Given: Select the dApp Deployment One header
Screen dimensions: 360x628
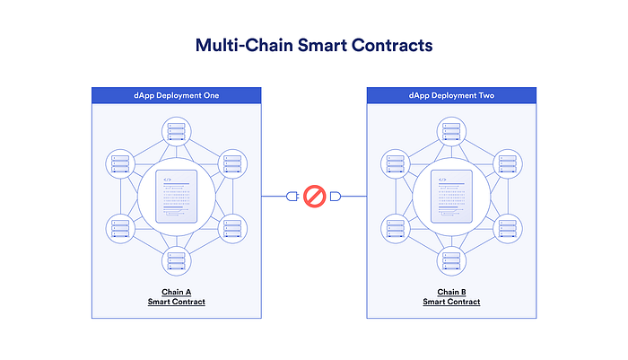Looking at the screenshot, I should click(177, 94).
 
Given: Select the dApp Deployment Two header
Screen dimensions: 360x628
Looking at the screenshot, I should click(451, 94).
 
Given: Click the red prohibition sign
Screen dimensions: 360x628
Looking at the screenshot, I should click(314, 196).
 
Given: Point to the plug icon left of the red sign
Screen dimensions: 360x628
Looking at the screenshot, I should click(292, 196).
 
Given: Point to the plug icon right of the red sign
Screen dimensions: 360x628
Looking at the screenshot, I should click(336, 196).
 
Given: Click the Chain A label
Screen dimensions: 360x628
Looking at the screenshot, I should click(177, 292).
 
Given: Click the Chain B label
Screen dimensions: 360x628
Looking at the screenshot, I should click(451, 292).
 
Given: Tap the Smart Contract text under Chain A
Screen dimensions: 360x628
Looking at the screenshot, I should click(177, 302).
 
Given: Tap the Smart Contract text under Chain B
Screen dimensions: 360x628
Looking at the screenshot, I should click(451, 302).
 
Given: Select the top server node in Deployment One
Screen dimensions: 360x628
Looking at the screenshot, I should click(177, 131).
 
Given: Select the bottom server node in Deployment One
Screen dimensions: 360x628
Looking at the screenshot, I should click(177, 261).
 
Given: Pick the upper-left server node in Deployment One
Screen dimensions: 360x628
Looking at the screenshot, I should click(120, 164).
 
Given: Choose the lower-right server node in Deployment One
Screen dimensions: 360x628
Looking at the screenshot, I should click(232, 228).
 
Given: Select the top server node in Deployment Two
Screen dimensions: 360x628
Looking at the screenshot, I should click(451, 131).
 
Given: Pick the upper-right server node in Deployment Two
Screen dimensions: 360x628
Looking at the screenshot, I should click(508, 164).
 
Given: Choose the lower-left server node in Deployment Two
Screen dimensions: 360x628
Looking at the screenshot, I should click(396, 228).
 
